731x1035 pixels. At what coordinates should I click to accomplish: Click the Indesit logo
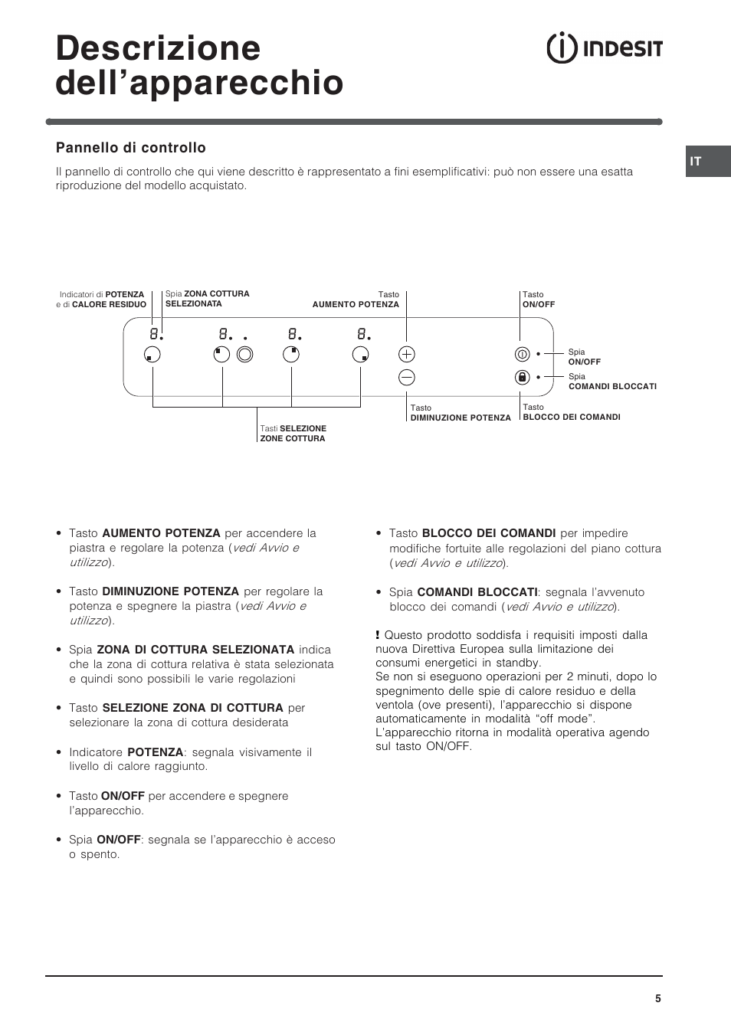604,48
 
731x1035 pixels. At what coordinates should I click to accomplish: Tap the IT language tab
696,162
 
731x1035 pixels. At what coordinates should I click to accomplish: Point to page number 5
657,998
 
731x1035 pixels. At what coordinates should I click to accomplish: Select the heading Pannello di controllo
131,148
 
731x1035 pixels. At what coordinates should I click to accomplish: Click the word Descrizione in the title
158,48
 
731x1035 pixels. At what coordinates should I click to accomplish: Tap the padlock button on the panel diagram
522,377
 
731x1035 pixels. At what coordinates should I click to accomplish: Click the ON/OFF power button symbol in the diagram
522,354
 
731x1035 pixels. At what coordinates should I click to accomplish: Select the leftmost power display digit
154,334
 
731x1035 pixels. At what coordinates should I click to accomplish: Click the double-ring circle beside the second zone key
244,354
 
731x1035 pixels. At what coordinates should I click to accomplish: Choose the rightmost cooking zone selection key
360,354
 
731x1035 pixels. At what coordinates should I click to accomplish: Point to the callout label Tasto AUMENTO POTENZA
356,300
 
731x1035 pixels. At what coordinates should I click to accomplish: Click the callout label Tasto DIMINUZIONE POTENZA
460,413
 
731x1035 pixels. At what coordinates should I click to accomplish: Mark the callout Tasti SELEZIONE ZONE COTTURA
293,434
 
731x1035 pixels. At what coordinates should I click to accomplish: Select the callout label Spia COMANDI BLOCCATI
611,382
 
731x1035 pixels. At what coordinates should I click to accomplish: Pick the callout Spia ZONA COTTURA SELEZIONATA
207,299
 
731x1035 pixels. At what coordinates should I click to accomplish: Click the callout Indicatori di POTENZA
103,300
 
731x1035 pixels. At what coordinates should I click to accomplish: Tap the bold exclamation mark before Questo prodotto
378,635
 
